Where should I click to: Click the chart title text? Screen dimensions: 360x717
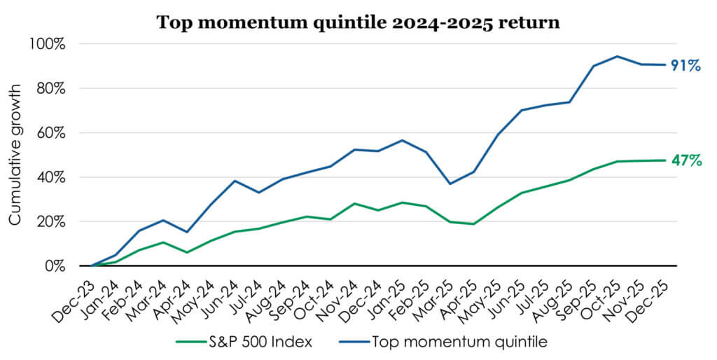(x=358, y=22)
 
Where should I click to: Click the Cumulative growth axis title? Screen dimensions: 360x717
(x=15, y=155)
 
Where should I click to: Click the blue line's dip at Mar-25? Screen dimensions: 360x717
(x=450, y=184)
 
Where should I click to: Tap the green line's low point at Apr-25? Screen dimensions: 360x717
(x=474, y=224)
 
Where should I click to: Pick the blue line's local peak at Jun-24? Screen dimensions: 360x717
(x=235, y=181)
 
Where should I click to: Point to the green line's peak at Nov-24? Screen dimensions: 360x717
(x=354, y=204)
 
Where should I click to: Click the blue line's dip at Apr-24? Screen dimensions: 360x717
(x=186, y=232)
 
